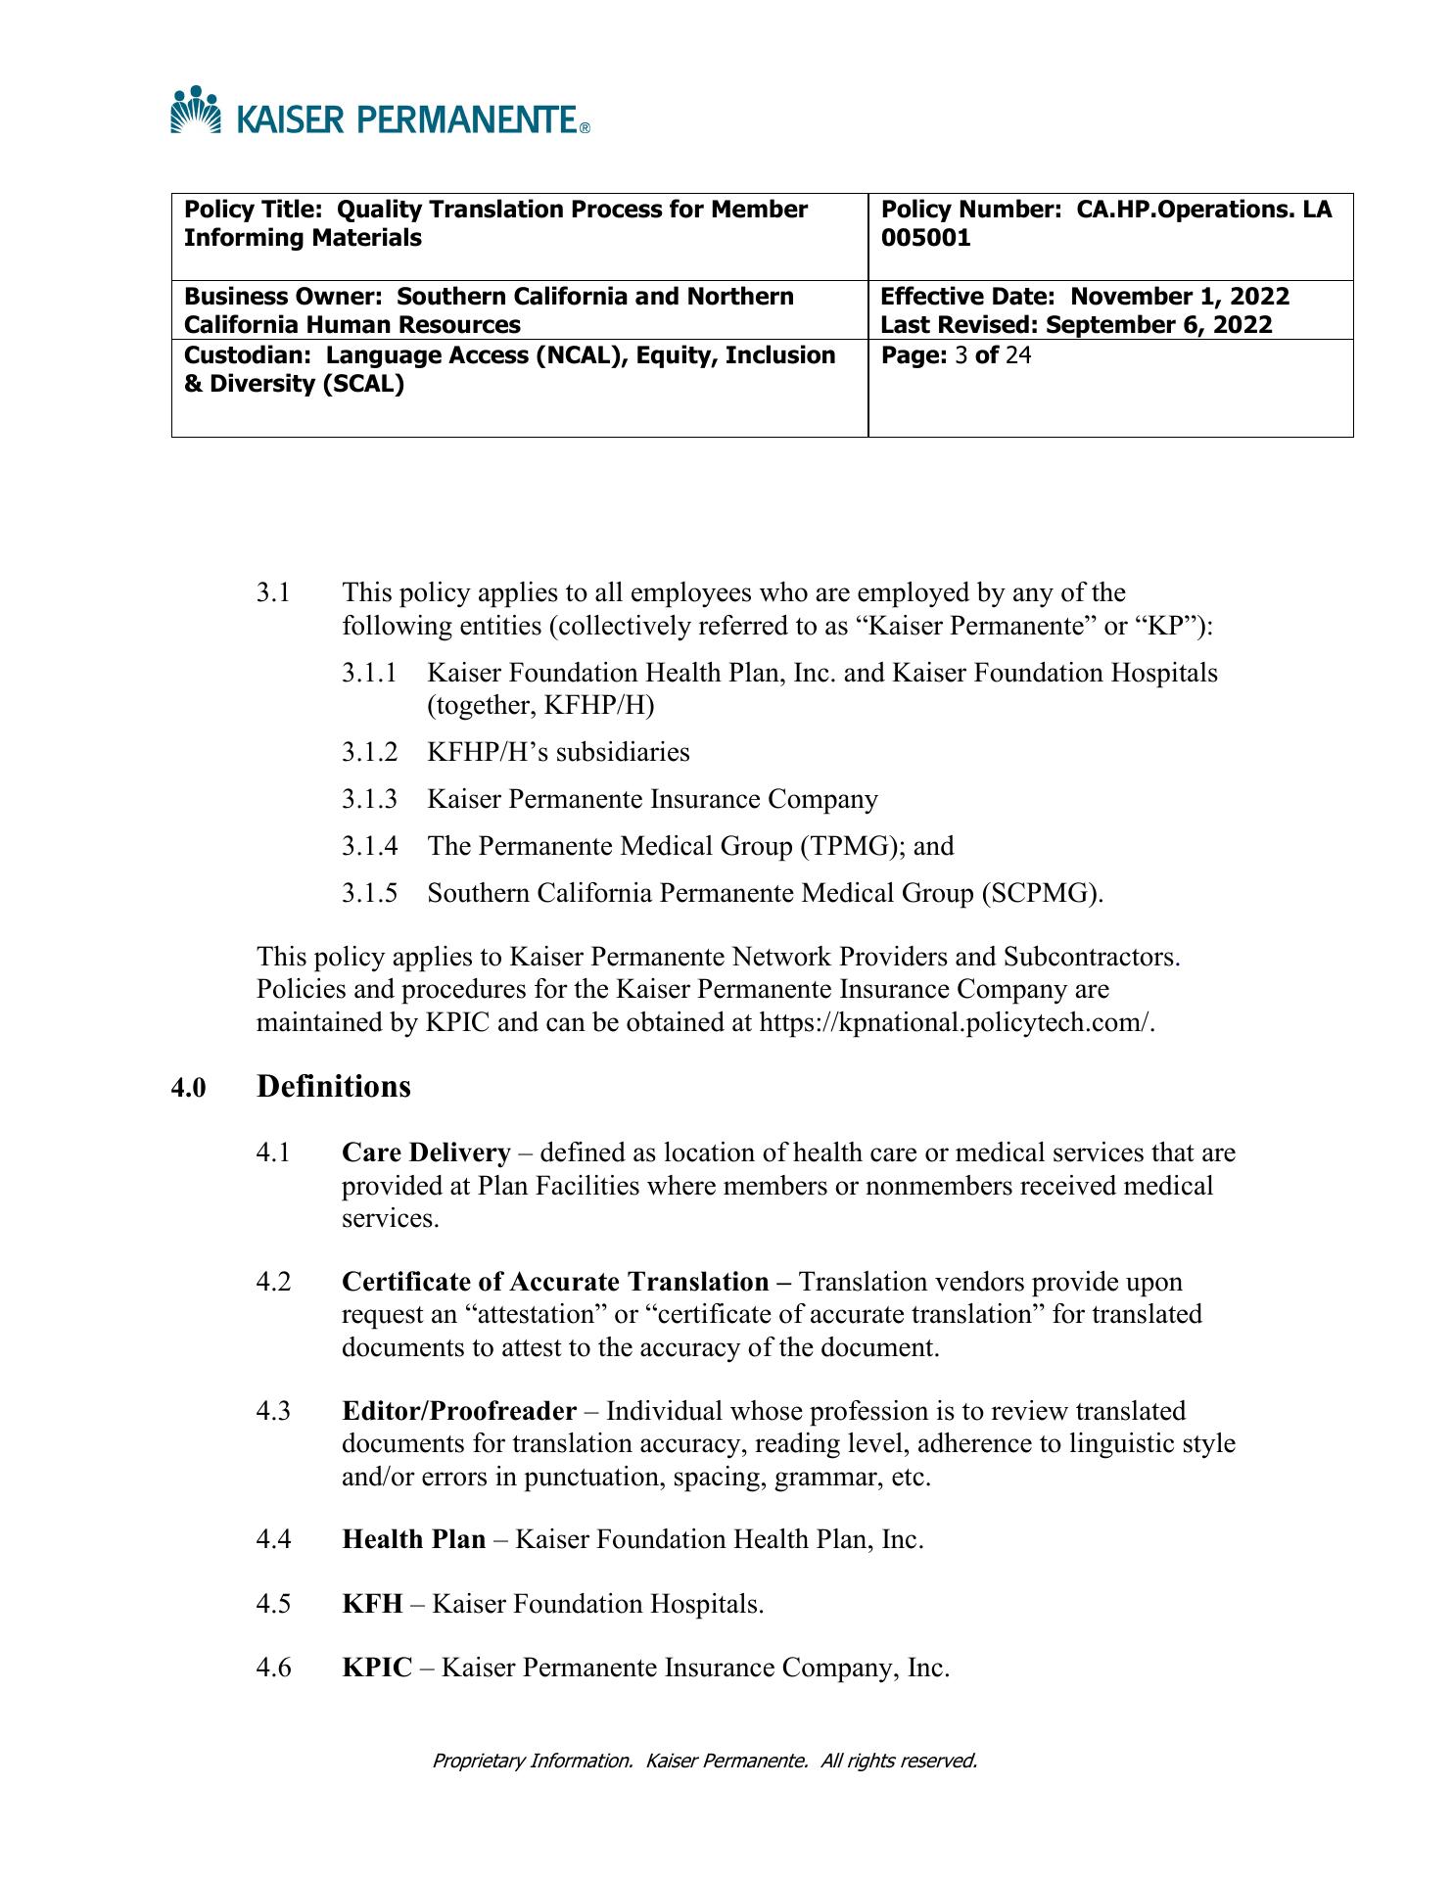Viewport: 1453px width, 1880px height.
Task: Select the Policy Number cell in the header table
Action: (x=1109, y=236)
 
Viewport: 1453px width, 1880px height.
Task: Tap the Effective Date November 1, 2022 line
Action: (x=1085, y=296)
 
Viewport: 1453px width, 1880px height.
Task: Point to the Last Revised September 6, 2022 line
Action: (x=1076, y=325)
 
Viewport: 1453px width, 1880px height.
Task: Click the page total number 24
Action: (x=1018, y=354)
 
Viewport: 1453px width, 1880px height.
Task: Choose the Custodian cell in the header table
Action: (x=519, y=387)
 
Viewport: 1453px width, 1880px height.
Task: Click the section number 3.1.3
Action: (x=370, y=799)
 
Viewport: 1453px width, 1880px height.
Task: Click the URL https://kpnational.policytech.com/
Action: (x=957, y=1022)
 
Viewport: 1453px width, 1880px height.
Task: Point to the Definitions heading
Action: (x=334, y=1086)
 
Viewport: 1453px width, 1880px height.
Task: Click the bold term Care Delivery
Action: (x=426, y=1152)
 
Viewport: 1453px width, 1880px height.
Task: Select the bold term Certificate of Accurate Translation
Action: (x=555, y=1282)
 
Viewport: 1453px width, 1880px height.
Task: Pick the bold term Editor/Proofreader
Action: (x=459, y=1411)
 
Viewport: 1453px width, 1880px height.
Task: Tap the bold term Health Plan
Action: (x=413, y=1539)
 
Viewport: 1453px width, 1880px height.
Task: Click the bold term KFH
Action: (x=372, y=1604)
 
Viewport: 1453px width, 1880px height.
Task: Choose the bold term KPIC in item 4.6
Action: (x=377, y=1668)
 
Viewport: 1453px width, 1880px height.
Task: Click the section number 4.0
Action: (x=189, y=1088)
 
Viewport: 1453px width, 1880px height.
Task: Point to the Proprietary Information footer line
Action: (x=705, y=1761)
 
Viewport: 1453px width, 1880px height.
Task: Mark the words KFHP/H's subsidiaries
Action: (x=558, y=752)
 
